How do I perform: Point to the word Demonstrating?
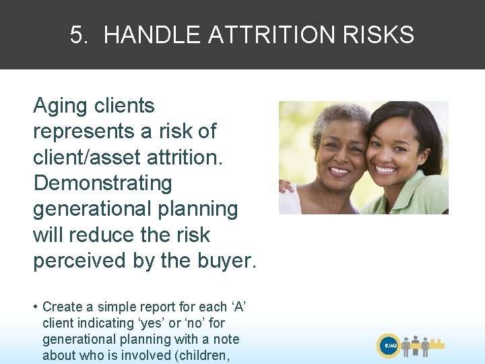102,183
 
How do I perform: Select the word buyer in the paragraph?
224,261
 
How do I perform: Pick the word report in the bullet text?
141,307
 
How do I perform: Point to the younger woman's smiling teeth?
386,169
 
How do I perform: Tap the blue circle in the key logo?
389,346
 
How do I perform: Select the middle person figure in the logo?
416,344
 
